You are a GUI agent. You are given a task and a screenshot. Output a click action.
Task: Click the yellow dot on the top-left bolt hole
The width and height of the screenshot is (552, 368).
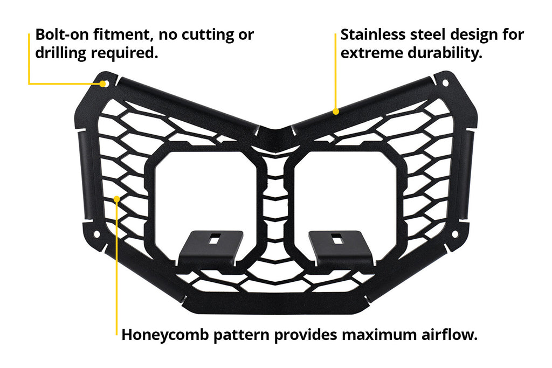[103, 84]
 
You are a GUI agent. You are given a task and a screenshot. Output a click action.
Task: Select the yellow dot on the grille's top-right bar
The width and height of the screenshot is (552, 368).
[336, 112]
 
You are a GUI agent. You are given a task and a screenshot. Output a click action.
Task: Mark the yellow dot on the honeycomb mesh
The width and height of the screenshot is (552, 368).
[117, 199]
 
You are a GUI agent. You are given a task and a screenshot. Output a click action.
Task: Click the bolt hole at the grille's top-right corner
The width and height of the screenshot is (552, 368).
[445, 83]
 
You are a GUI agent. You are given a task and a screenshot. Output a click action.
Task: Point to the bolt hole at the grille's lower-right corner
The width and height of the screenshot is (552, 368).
[454, 234]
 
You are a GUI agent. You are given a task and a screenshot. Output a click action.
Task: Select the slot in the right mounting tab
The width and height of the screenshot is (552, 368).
[334, 239]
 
